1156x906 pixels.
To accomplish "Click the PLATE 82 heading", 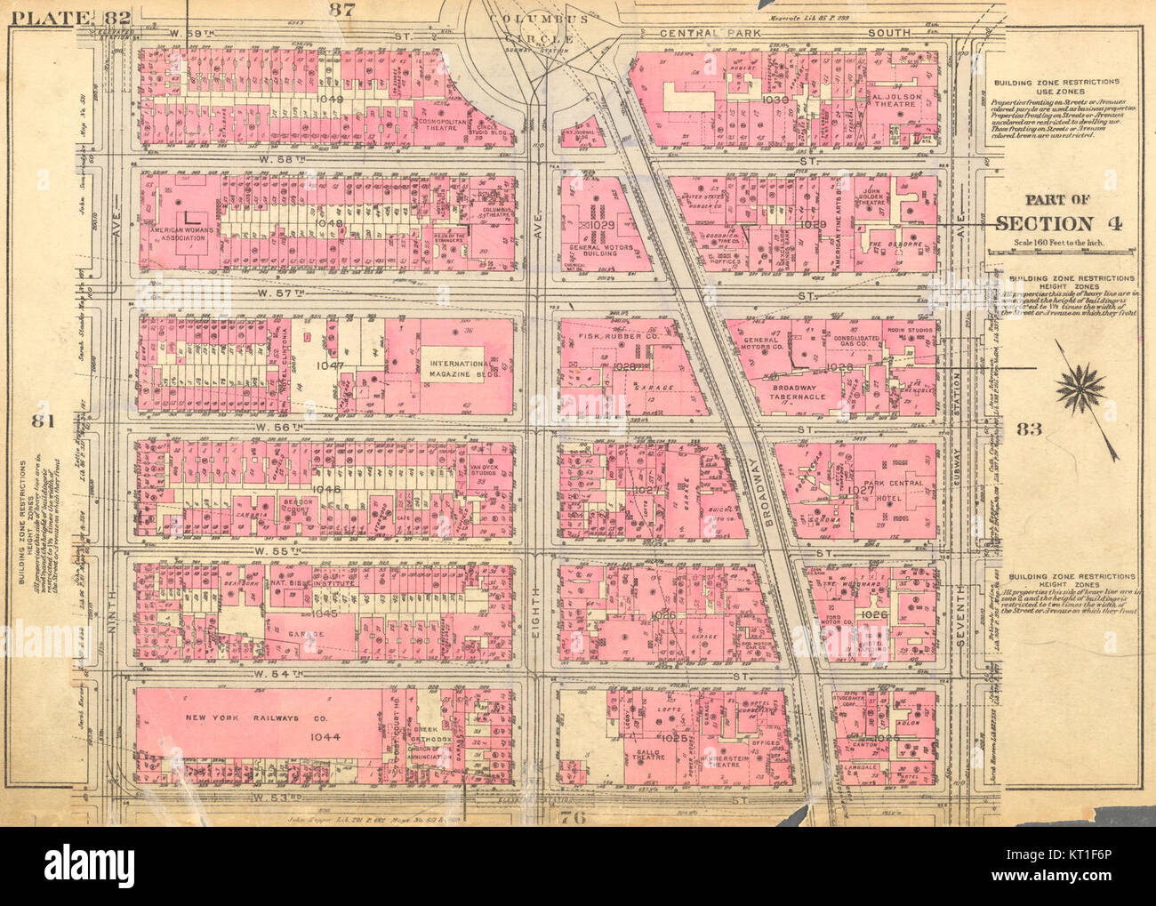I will click(x=67, y=16).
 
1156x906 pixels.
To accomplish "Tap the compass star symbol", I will click(x=1082, y=387).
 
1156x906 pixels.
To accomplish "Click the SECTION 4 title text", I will click(x=1058, y=223).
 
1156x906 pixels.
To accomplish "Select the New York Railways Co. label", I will click(x=234, y=718).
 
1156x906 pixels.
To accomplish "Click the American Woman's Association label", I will click(x=190, y=234).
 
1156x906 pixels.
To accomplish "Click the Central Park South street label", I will click(x=785, y=33).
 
